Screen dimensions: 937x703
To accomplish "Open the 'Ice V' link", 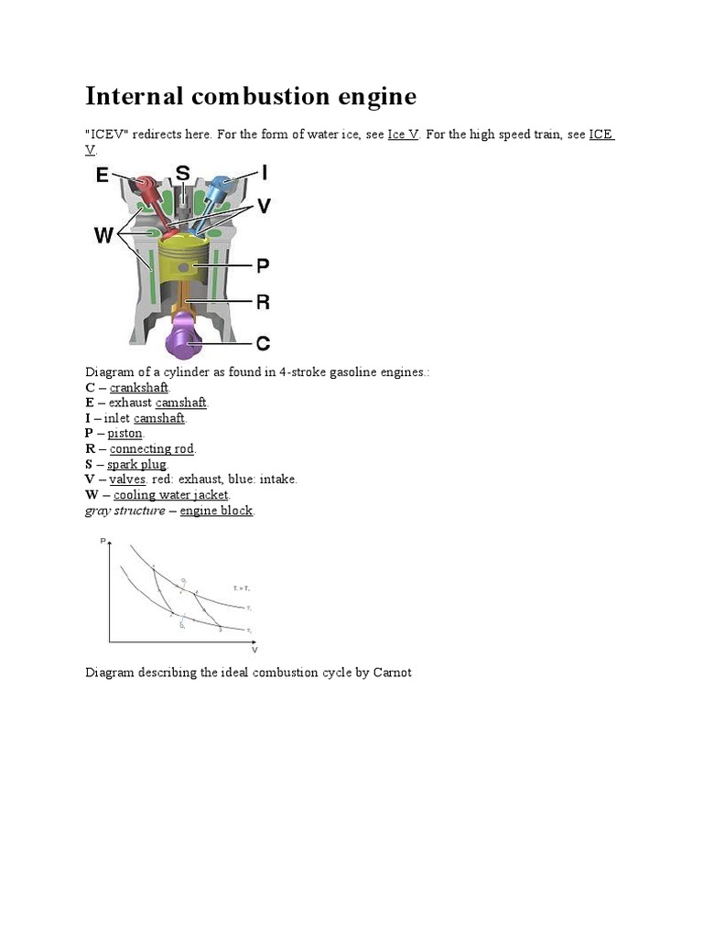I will point(403,134).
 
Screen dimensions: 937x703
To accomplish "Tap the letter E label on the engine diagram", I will point(103,176).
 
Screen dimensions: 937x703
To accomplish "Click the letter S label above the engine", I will point(182,173).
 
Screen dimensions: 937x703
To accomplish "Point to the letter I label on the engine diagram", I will point(265,172).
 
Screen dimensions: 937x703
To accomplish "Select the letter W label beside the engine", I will point(104,236).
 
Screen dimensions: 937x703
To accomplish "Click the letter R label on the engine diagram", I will point(263,302).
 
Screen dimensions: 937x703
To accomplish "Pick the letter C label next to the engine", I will point(263,344).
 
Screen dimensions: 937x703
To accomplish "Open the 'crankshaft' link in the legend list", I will point(139,387).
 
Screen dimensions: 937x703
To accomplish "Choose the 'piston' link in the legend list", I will point(124,433).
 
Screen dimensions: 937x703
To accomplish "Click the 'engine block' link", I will point(216,511).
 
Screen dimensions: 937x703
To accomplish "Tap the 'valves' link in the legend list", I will point(127,479).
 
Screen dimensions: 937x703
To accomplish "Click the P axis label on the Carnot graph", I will point(103,542).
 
